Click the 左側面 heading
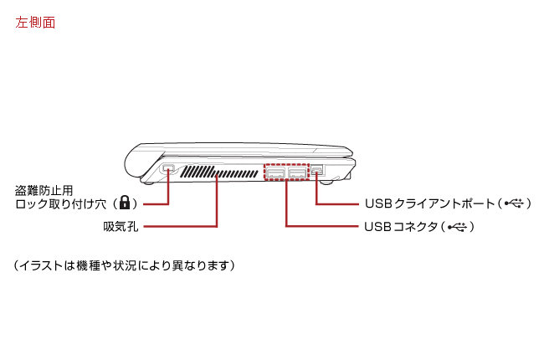35,23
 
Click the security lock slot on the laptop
168,170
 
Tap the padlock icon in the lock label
125,203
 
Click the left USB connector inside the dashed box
276,172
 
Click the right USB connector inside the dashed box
298,172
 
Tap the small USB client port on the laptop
317,171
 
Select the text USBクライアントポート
426,203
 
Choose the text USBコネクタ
400,227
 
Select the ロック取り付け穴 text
64,203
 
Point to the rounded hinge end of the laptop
134,161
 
